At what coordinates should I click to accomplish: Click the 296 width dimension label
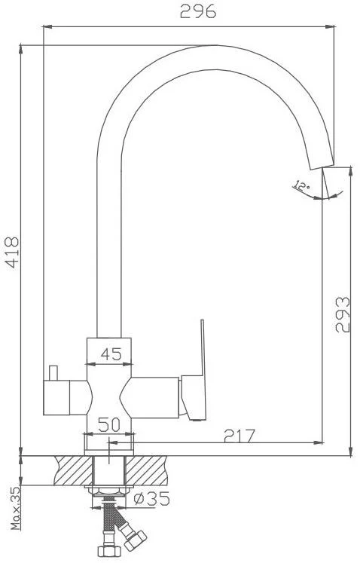[x=198, y=11]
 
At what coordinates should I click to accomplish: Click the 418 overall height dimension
[x=12, y=252]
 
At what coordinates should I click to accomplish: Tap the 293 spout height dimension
[x=343, y=314]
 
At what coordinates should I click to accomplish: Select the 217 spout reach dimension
[x=239, y=436]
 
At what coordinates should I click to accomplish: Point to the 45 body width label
[x=111, y=354]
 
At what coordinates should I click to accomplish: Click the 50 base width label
[x=109, y=425]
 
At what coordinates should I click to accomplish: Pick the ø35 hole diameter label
[x=151, y=498]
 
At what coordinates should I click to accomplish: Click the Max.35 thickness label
[x=15, y=508]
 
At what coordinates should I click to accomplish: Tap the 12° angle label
[x=301, y=186]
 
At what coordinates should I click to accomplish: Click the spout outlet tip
[x=322, y=167]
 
